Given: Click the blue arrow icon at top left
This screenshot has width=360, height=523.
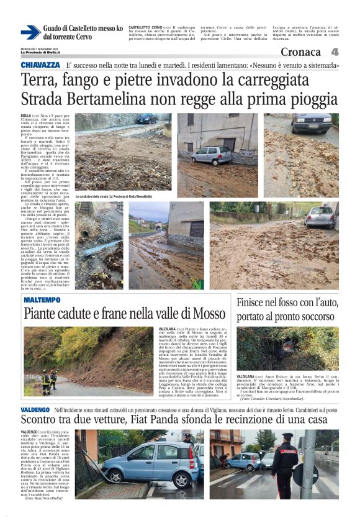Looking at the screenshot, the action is [30, 32].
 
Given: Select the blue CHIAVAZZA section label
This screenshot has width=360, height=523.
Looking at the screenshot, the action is [40, 65].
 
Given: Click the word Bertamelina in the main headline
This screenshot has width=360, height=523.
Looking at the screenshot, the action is [125, 99].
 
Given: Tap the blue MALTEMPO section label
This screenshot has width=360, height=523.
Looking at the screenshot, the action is [42, 300].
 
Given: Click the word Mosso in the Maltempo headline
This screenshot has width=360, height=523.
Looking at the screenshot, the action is [207, 313].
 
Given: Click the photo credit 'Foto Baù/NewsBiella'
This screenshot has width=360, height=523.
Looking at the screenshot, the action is [44, 498].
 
